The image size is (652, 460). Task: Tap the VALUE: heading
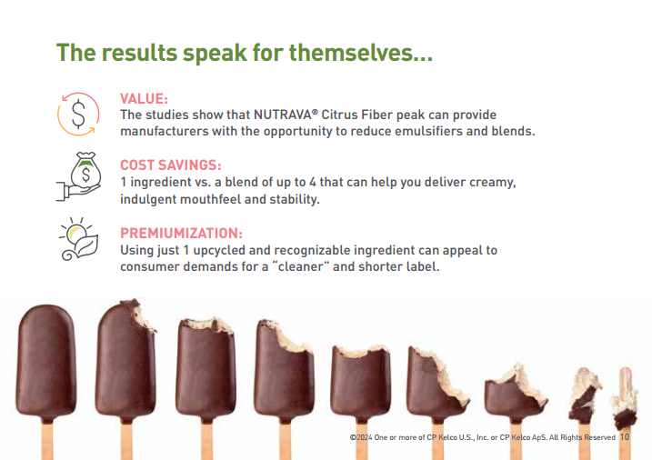click(x=144, y=99)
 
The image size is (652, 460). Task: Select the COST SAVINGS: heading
click(x=170, y=165)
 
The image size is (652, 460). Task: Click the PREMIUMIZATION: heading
click(x=181, y=233)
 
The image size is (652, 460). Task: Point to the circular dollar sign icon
click(x=78, y=115)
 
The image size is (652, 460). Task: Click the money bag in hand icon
click(x=79, y=176)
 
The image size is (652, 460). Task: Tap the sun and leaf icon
click(x=79, y=239)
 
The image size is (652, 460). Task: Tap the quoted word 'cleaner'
click(x=300, y=266)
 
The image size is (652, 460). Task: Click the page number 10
click(x=625, y=437)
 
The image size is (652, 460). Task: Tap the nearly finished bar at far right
click(x=625, y=399)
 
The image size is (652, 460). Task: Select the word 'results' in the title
click(x=139, y=54)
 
